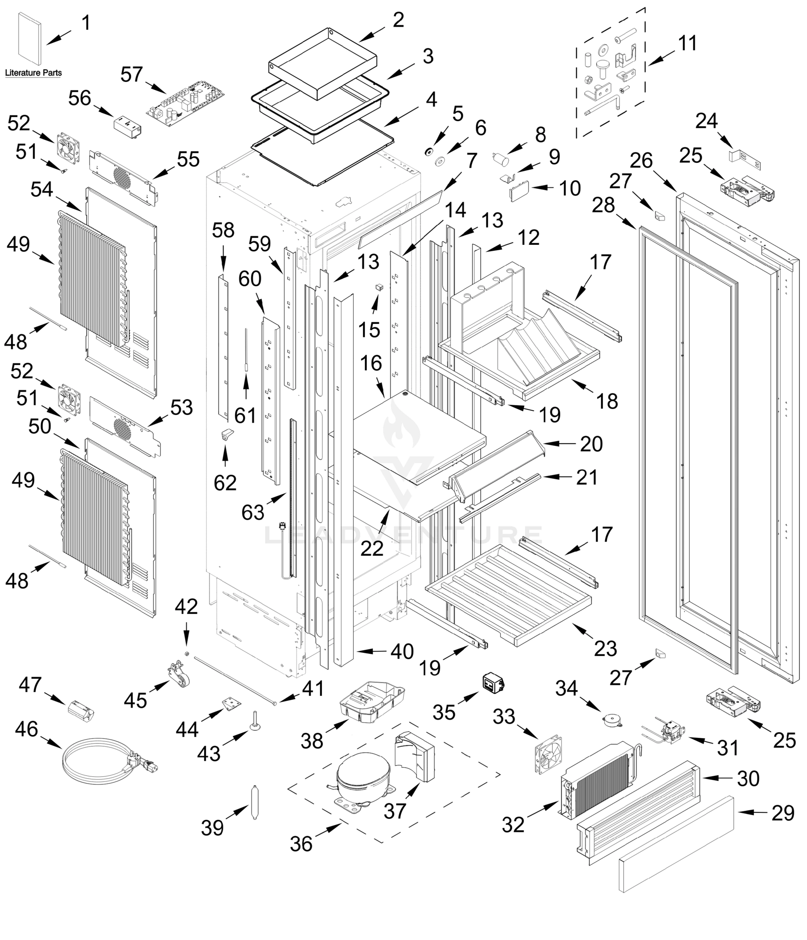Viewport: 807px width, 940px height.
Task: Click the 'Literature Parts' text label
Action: pyautogui.click(x=33, y=72)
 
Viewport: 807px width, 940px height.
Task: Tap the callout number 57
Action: pyautogui.click(x=132, y=74)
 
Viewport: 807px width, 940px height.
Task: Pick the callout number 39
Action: pyautogui.click(x=212, y=828)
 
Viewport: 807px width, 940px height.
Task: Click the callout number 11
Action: pyautogui.click(x=687, y=43)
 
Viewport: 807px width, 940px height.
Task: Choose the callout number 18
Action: pyautogui.click(x=607, y=401)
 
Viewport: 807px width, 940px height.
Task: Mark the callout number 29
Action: pyautogui.click(x=783, y=813)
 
